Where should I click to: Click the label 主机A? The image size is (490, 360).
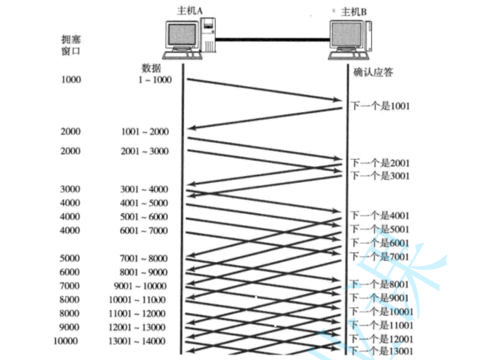[x=189, y=10]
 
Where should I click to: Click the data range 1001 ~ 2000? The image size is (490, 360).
[x=144, y=132]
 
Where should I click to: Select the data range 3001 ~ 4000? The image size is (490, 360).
[x=144, y=190]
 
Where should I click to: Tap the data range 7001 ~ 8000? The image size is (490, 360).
[x=144, y=258]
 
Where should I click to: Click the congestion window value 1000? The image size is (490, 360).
[x=71, y=80]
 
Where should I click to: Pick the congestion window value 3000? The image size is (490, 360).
[x=71, y=190]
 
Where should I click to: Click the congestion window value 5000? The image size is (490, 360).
[x=71, y=258]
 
